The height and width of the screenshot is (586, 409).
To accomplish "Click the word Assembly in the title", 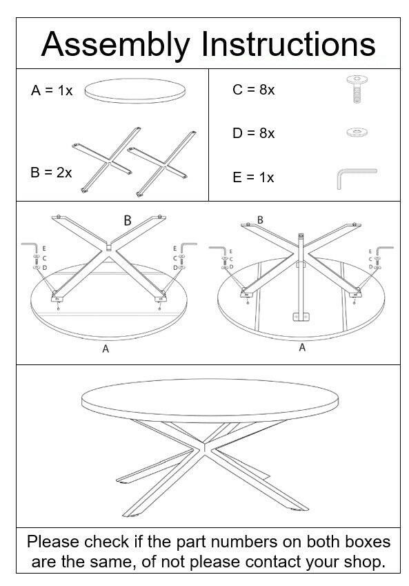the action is coord(115,45).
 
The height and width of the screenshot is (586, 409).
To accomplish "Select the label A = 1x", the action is coord(52,90).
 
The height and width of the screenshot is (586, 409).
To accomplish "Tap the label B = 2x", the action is coord(51,173).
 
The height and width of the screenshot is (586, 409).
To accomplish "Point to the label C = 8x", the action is coord(253,90).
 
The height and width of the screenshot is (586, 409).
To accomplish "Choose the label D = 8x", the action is coord(253,133).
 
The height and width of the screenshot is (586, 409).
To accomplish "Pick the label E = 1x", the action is coord(253,177).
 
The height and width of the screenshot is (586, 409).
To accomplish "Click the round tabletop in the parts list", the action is coord(135,90).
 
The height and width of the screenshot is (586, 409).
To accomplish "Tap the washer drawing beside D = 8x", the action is coord(357,132).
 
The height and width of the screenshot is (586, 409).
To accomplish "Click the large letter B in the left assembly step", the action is coord(128,220).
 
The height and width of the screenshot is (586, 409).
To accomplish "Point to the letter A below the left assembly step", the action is coord(106,349).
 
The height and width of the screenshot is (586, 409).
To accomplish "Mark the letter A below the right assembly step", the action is coord(302,348).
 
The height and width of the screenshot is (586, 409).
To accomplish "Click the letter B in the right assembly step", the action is coord(260,220).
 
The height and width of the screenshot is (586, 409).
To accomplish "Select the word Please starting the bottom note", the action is coord(53,542).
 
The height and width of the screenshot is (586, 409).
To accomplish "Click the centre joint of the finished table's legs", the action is coord(204,449).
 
